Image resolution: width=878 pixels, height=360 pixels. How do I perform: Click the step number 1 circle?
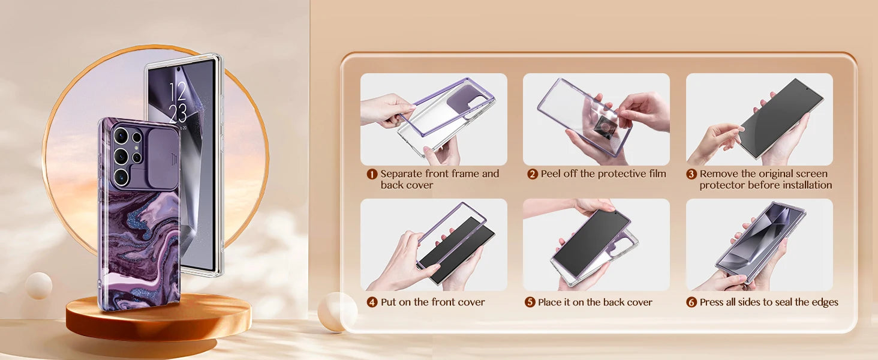tap(372, 174)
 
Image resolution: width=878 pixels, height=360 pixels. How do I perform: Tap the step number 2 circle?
tap(532, 174)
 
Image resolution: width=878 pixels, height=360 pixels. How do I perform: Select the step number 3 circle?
tap(691, 174)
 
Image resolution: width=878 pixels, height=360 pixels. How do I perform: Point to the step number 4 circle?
tap(372, 302)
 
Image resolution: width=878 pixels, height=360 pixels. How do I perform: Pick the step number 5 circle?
tap(530, 302)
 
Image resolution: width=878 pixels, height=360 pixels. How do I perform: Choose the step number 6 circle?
tap(691, 302)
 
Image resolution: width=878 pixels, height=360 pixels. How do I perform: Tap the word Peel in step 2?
tap(551, 174)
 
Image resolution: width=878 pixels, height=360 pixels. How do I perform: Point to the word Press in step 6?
tap(710, 302)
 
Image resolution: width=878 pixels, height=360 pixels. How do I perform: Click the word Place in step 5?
tap(549, 302)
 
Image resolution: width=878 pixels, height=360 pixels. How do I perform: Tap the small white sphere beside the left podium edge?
tap(39, 286)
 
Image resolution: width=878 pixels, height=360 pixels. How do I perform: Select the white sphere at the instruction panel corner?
tap(336, 312)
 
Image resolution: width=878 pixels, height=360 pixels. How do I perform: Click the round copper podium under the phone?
tap(158, 317)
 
